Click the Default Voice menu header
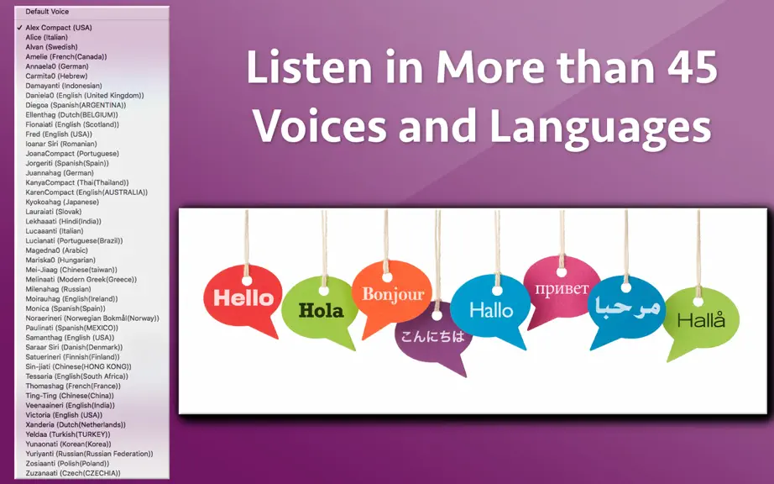point(47,12)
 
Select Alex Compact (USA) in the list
point(59,28)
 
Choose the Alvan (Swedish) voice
point(52,47)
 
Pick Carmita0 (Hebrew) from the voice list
point(57,76)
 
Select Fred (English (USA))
point(59,134)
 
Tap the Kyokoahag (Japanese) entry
point(62,202)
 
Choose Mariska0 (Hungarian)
point(60,260)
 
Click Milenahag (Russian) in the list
point(58,289)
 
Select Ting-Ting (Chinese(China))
point(70,396)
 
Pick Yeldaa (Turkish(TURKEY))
point(68,434)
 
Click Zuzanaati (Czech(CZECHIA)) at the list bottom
point(73,473)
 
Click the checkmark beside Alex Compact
point(19,28)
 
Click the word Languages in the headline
point(600,126)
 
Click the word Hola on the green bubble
point(321,311)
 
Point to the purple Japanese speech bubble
point(433,339)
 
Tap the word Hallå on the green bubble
point(701,320)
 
